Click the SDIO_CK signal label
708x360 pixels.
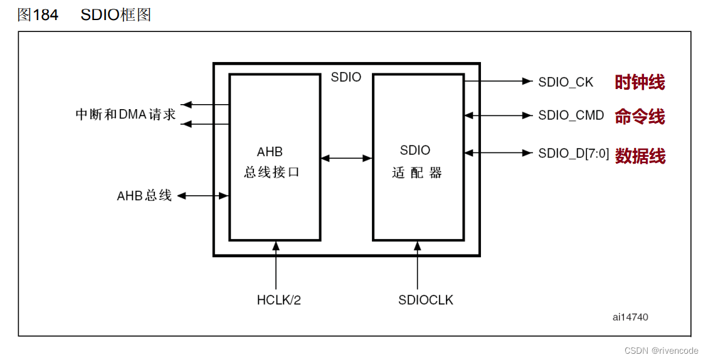(566, 82)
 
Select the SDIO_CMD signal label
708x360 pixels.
(571, 115)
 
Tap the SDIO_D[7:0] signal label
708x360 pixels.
(573, 153)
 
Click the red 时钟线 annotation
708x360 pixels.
(640, 82)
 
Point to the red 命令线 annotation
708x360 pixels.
(640, 117)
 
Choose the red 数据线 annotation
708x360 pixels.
(640, 156)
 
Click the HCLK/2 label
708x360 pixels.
(278, 300)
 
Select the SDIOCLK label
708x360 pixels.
(425, 300)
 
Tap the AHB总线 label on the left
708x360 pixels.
(144, 196)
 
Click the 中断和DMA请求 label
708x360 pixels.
(125, 115)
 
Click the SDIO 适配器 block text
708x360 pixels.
(417, 162)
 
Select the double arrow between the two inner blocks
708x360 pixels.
(347, 158)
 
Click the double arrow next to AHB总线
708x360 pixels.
(203, 196)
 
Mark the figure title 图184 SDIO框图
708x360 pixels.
(84, 15)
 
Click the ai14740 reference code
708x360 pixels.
(630, 317)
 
